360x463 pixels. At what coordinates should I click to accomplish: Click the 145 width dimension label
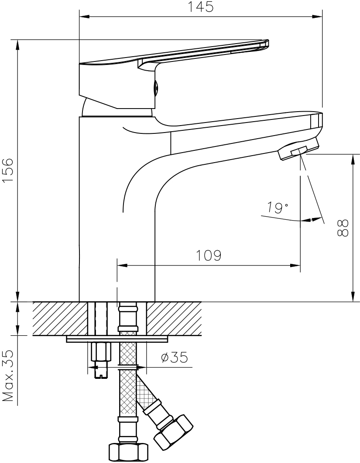(x=201, y=7)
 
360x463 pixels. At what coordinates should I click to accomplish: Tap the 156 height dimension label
(x=8, y=170)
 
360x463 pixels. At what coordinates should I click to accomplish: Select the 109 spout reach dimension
(x=209, y=255)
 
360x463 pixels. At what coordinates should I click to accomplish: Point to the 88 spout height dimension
(x=343, y=228)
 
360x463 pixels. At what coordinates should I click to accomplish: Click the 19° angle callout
(x=277, y=208)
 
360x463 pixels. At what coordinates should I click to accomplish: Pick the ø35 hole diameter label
(x=175, y=357)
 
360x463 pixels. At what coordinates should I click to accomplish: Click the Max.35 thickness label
(x=8, y=376)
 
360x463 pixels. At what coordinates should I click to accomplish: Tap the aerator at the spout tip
(x=298, y=149)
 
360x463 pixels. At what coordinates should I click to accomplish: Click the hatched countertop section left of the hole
(x=60, y=318)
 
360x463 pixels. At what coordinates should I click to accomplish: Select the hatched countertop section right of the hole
(x=174, y=318)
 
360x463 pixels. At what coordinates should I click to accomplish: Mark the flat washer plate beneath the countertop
(x=117, y=339)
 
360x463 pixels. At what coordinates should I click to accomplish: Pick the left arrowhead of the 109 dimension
(x=122, y=266)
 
